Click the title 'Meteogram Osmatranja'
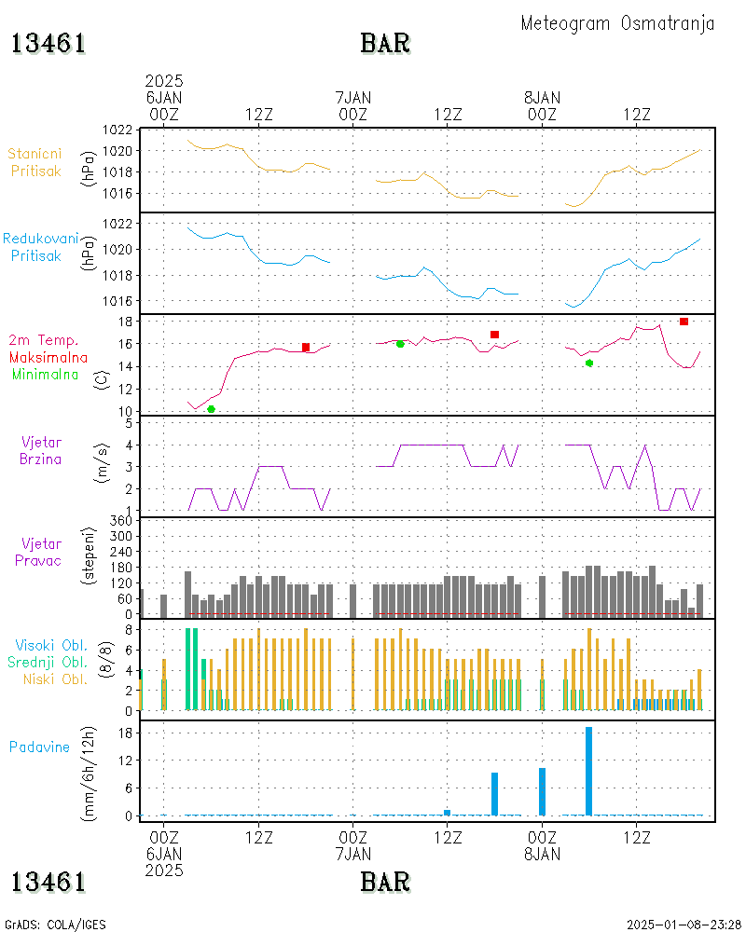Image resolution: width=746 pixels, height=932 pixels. pos(617,23)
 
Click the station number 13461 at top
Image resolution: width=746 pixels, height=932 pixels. pos(48,44)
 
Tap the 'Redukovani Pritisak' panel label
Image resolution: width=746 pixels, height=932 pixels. pos(40,246)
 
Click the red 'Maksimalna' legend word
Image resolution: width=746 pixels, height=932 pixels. pos(48,357)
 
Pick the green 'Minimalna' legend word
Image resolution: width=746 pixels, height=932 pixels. pos(46,374)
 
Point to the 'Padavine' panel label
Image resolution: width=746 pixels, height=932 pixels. pos(39,747)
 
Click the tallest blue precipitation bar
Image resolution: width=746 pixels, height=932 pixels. pos(589,771)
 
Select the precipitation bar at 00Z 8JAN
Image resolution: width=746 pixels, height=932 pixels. pos(542,791)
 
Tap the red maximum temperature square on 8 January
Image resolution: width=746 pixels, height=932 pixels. pos(684,322)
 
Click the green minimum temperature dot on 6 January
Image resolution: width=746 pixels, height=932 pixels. pos(211,409)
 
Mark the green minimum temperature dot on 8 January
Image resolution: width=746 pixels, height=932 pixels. pos(589,363)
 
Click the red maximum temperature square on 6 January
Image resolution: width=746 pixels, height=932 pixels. pos(306,348)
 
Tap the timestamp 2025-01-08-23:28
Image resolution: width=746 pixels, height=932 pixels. pos(684,925)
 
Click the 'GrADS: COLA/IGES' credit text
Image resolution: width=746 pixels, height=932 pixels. pos(55,925)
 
